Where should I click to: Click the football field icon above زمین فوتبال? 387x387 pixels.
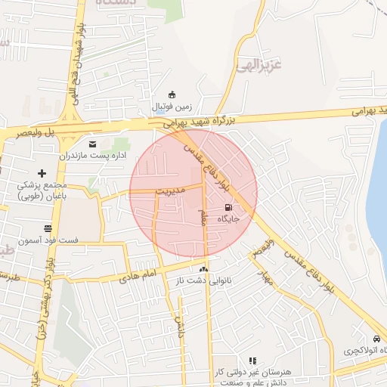(x=172, y=94)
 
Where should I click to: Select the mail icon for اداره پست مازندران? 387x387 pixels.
(x=93, y=143)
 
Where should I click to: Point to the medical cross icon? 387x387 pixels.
(x=42, y=174)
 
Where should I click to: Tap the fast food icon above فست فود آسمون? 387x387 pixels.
(x=48, y=228)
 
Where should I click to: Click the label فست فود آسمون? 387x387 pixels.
(x=48, y=240)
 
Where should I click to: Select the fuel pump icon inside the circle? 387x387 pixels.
(x=229, y=207)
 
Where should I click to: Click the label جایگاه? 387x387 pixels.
(x=228, y=218)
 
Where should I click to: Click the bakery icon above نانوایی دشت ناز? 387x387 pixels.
(x=203, y=269)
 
